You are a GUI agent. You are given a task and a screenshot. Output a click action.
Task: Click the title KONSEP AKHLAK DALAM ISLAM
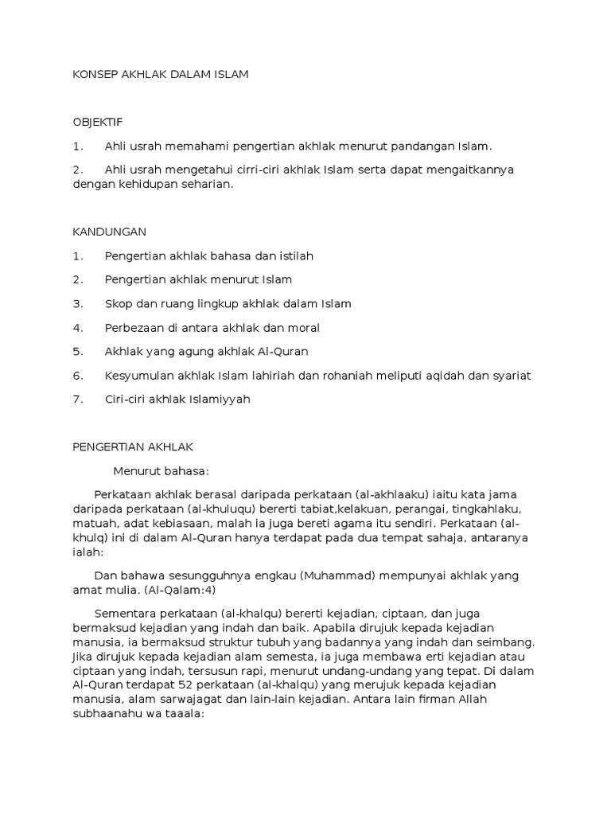click(161, 74)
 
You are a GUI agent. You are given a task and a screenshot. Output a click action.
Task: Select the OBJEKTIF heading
click(98, 122)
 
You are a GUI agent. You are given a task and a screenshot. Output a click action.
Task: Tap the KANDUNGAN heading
click(110, 232)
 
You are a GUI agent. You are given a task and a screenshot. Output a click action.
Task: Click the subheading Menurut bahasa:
click(161, 470)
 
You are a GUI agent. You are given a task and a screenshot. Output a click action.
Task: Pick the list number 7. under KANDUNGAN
click(77, 399)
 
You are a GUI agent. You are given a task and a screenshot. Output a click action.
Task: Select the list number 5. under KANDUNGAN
click(77, 351)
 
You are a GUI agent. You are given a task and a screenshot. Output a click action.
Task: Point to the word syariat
click(510, 375)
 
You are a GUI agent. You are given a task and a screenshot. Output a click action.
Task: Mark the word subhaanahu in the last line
click(106, 714)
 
